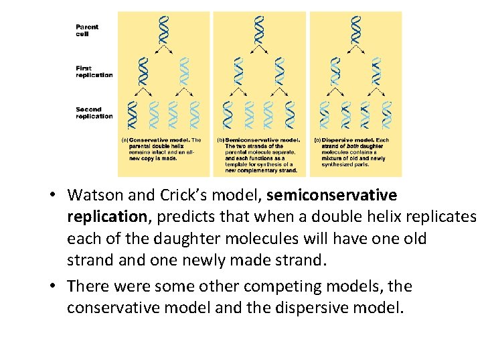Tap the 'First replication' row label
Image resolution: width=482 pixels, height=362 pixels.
pos(94,71)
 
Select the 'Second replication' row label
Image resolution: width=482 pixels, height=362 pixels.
pos(94,113)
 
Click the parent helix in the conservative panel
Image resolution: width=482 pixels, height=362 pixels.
pos(163,27)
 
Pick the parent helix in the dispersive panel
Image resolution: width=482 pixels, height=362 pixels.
pos(355,27)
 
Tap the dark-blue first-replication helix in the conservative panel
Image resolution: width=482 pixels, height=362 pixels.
pos(142,70)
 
